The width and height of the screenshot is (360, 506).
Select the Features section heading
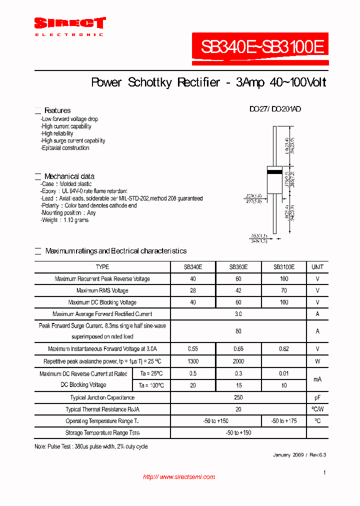57,110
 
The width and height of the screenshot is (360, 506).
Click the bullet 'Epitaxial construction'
65,148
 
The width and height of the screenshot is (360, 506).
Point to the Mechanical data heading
69,176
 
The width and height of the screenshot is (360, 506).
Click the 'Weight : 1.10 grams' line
65,220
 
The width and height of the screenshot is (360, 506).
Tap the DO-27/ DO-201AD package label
275,109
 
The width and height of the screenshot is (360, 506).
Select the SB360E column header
238,267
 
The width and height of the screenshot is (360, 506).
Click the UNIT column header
317,267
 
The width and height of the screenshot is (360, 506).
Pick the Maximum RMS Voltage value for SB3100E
283,290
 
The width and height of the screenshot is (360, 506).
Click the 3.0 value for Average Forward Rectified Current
238,314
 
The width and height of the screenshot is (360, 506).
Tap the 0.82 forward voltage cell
283,349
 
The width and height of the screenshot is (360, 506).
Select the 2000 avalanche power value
238,361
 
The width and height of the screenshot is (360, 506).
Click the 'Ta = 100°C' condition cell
151,385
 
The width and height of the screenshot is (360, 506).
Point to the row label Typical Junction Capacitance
102,397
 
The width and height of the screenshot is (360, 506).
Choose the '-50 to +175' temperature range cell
283,421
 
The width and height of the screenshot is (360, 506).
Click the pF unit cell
317,397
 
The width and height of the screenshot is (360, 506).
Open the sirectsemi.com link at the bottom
178,477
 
